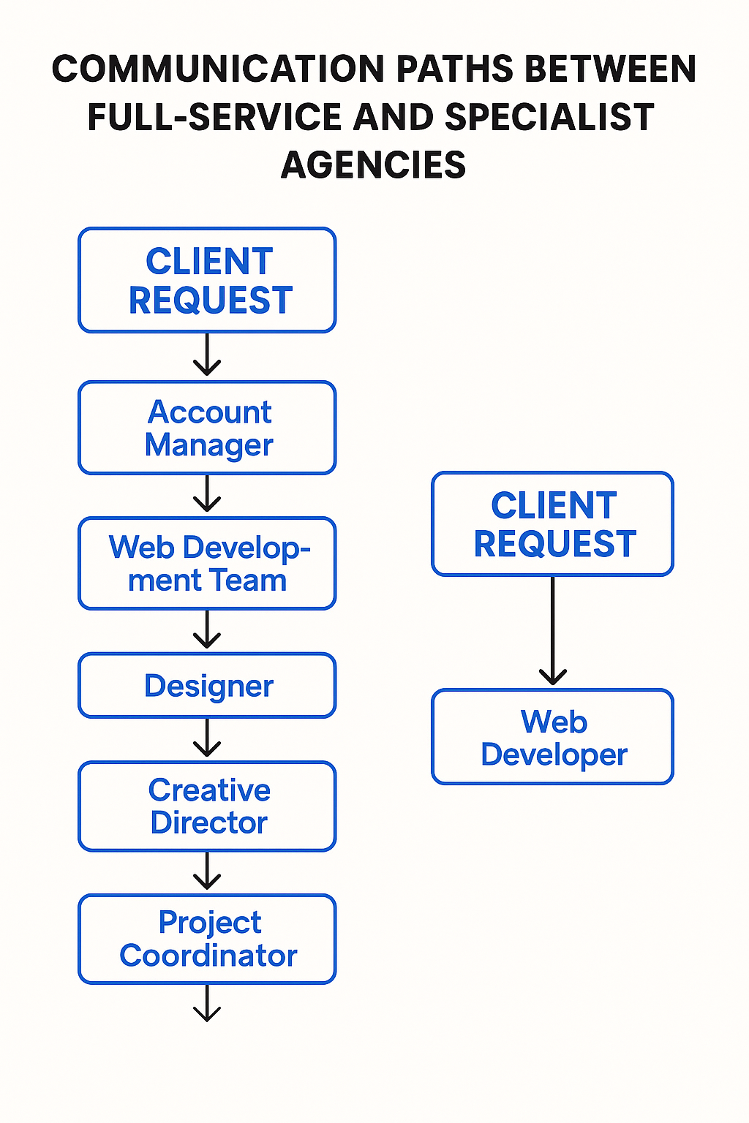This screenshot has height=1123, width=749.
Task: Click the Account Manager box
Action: click(207, 428)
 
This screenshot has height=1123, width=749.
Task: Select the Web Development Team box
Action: click(207, 564)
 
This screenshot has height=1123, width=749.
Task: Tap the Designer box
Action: click(207, 686)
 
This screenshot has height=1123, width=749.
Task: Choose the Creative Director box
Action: click(207, 806)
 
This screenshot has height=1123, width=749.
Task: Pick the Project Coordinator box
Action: click(207, 939)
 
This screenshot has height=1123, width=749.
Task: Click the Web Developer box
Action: click(553, 737)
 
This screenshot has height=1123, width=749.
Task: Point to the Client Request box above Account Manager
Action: click(207, 281)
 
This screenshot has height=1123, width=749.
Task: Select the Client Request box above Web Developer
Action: click(553, 524)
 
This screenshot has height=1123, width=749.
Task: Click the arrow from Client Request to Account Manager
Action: click(207, 355)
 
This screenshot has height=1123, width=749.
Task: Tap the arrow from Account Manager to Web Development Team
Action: click(207, 494)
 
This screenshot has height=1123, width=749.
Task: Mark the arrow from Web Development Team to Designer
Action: click(207, 629)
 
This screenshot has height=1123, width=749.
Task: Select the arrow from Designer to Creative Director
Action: click(207, 738)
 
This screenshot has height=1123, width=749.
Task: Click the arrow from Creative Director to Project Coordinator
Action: click(207, 871)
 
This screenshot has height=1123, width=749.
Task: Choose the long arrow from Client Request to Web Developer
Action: click(553, 630)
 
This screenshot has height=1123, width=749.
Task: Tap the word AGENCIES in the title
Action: click(374, 165)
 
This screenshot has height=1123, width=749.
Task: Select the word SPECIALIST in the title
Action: click(549, 118)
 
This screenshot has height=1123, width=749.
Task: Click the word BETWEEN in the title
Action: click(611, 70)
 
